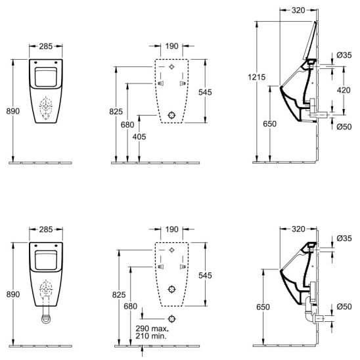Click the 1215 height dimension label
tap(256, 77)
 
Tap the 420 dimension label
tap(344, 90)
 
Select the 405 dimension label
tap(139, 137)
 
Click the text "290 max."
tap(152, 328)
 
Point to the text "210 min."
tap(150, 336)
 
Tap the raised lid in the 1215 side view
tap(310, 41)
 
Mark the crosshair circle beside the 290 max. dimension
tap(171, 319)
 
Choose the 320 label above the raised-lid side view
tap(298, 11)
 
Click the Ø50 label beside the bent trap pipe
tap(344, 307)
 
